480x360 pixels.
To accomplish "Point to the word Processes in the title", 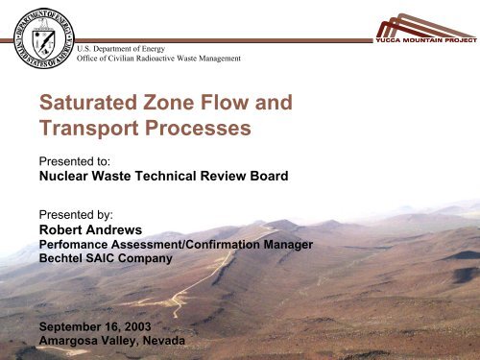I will [199, 128].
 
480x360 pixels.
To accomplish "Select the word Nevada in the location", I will [159, 341].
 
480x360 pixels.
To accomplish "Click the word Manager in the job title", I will [288, 245].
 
